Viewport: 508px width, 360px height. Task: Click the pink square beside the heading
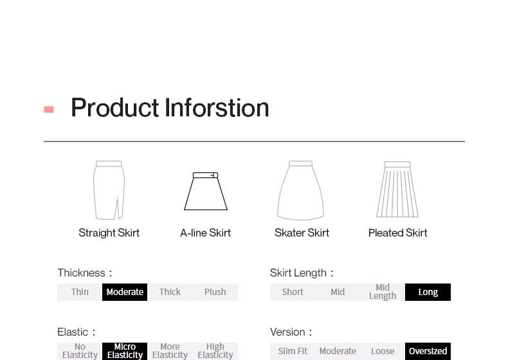click(x=49, y=109)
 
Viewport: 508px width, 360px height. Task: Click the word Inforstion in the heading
click(x=217, y=107)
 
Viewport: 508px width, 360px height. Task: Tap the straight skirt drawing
click(x=109, y=190)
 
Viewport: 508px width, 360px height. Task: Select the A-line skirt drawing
click(x=206, y=191)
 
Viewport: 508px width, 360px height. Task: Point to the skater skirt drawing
click(x=301, y=190)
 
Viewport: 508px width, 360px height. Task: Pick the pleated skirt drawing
click(x=397, y=190)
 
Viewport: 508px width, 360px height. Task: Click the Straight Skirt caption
click(x=109, y=233)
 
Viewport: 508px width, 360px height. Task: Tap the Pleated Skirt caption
click(x=398, y=233)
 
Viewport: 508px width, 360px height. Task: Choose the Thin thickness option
click(x=80, y=292)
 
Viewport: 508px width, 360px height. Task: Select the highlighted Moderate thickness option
click(x=125, y=292)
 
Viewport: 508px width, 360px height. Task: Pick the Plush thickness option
click(x=215, y=292)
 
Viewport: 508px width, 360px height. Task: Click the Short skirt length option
click(x=293, y=292)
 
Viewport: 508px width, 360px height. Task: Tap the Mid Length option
click(x=383, y=292)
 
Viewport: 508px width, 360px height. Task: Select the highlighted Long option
click(x=428, y=292)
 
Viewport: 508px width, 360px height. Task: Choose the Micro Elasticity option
click(x=125, y=351)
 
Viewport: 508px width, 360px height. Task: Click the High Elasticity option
click(x=215, y=351)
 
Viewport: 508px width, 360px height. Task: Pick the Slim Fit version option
click(x=293, y=351)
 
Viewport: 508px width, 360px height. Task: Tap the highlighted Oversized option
click(x=428, y=351)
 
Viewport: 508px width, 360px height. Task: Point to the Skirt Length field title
click(x=302, y=273)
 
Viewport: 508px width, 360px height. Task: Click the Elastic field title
click(x=76, y=332)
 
